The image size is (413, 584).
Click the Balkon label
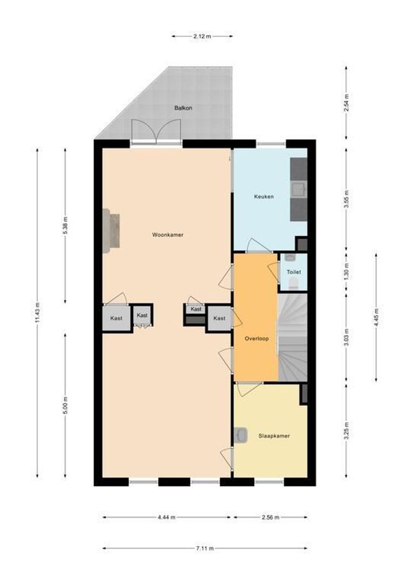(183, 108)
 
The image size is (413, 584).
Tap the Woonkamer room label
(167, 235)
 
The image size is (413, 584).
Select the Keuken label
(264, 196)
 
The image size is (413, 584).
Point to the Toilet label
(294, 272)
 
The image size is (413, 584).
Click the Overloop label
(256, 339)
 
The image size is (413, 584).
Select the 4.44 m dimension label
(167, 517)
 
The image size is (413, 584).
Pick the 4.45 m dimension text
(376, 316)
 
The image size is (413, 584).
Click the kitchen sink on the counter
(297, 189)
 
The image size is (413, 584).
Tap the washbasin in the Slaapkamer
(241, 435)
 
